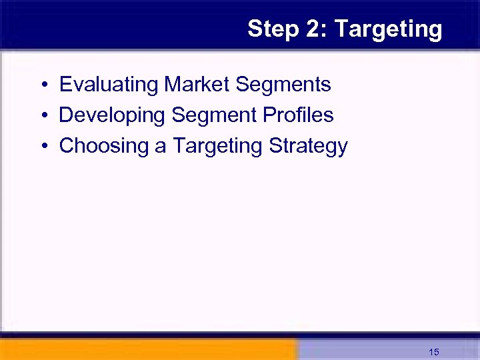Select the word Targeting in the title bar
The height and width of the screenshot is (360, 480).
click(x=388, y=29)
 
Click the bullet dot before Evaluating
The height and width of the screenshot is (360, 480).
click(x=43, y=85)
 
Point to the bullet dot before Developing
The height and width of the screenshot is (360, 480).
click(x=43, y=116)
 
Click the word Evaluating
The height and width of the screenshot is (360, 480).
click(x=109, y=85)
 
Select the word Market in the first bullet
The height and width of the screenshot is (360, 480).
click(x=197, y=85)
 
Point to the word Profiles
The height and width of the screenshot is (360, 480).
click(x=298, y=115)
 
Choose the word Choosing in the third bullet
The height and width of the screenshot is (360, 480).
click(x=103, y=146)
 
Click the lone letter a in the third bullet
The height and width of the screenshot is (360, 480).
click(x=161, y=146)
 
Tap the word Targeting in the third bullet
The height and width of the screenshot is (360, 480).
click(x=218, y=146)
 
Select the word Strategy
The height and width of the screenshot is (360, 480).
click(x=308, y=146)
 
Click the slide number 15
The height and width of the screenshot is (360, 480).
click(x=434, y=352)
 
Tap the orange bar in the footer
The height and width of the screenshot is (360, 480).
click(x=147, y=349)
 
